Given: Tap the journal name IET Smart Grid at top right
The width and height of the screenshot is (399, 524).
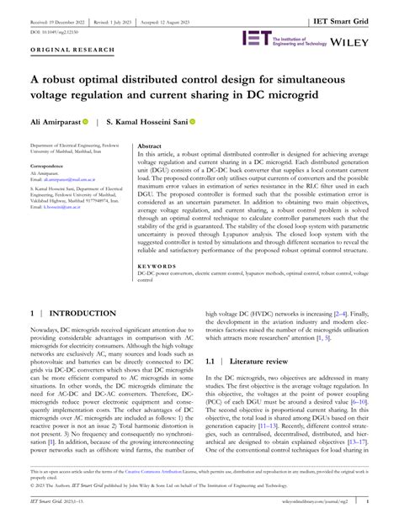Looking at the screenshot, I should click(x=356, y=13).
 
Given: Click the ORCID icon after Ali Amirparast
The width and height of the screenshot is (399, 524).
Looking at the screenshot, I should click(x=95, y=122).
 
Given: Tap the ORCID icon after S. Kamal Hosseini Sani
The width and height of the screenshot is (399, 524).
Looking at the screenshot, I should click(x=192, y=122).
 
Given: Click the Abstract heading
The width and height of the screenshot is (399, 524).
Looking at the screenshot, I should click(x=149, y=145).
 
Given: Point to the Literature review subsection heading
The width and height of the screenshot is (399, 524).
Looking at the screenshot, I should click(x=259, y=357).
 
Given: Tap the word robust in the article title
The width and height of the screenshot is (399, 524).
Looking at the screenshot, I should click(x=63, y=81).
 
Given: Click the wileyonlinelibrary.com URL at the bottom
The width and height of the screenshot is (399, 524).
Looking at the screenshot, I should click(x=311, y=515).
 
